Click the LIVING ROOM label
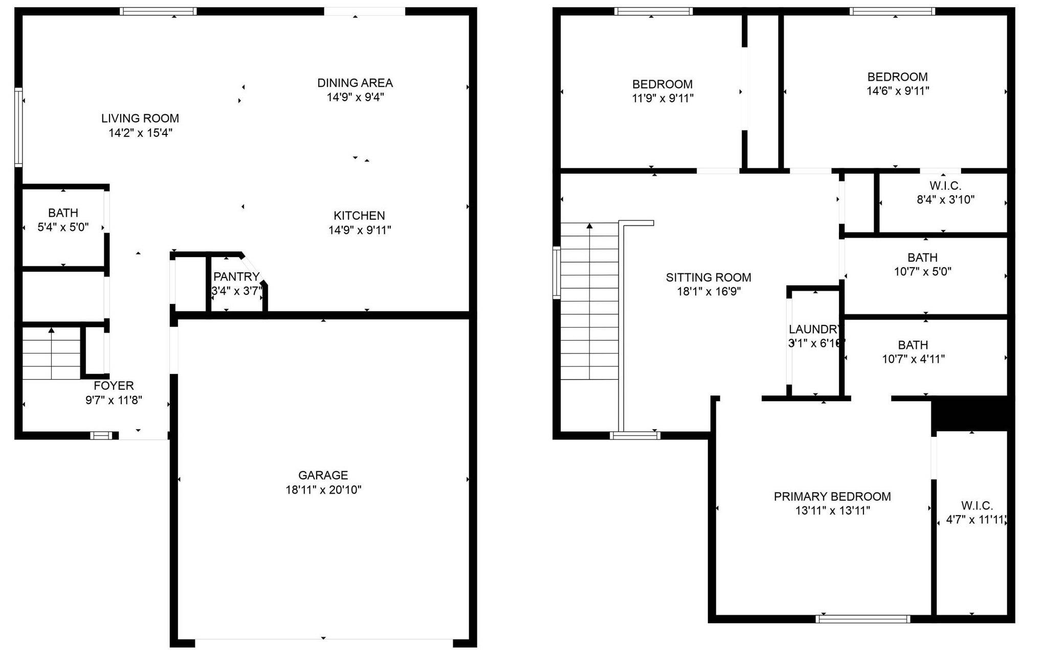(x=140, y=119)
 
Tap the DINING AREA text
(x=355, y=83)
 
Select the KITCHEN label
(x=359, y=216)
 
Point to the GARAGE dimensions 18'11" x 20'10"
(x=323, y=490)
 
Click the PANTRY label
(x=236, y=277)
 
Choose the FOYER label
(x=114, y=386)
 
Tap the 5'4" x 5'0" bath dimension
(x=63, y=227)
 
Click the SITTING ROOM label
(x=708, y=277)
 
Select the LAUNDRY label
(x=815, y=329)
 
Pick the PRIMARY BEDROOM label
(x=832, y=496)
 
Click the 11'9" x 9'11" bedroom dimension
(x=662, y=98)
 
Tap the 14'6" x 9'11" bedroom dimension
(x=898, y=91)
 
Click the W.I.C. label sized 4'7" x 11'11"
(x=977, y=506)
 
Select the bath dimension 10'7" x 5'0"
(x=922, y=271)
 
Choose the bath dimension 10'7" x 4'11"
(x=913, y=359)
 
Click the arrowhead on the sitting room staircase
(x=590, y=225)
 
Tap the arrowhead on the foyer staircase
(x=51, y=331)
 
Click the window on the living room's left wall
(x=18, y=127)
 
